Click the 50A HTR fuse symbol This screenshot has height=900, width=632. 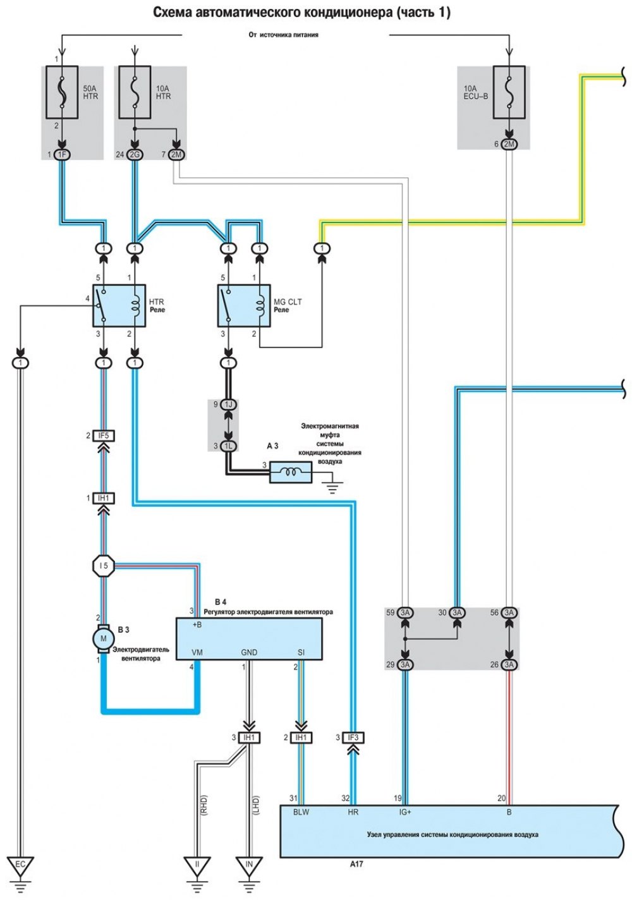[x=62, y=92]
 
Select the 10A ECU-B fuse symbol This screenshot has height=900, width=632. [x=509, y=92]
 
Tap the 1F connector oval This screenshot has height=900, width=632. [x=63, y=155]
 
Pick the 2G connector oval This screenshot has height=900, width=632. [x=135, y=155]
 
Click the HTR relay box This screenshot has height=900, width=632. [x=119, y=306]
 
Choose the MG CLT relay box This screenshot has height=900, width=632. [x=244, y=306]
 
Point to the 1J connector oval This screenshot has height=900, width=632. [x=229, y=404]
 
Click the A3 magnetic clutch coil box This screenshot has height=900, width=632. [x=291, y=472]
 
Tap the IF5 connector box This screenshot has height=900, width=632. [x=104, y=435]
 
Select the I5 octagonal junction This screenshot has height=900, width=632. [x=104, y=566]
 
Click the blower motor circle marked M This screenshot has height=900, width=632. [x=104, y=638]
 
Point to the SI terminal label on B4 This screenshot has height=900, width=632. [x=301, y=652]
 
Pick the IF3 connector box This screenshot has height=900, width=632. [x=353, y=738]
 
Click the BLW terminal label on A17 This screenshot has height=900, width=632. [x=301, y=812]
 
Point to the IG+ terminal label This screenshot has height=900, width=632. [x=405, y=812]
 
